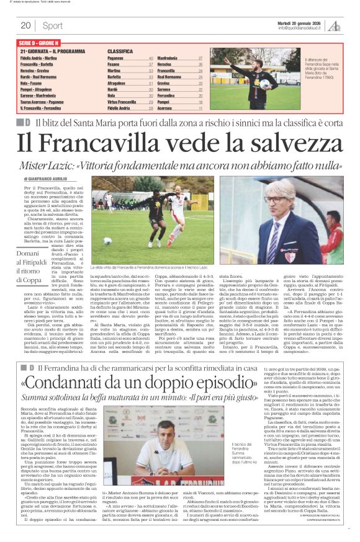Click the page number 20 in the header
point(26,25)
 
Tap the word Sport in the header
point(52,25)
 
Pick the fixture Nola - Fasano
point(32,81)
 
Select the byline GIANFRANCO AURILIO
point(53,177)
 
